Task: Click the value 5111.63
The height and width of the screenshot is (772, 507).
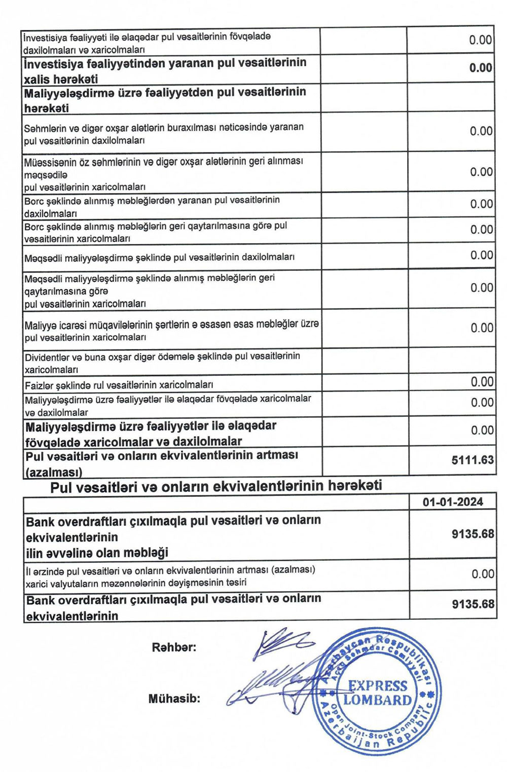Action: [472, 460]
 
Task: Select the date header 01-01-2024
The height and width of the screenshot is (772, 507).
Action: [453, 502]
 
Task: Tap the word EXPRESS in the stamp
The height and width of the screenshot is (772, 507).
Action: [378, 686]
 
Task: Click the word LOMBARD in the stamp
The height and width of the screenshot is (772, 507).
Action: [377, 701]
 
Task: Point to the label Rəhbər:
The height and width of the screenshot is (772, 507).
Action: [174, 647]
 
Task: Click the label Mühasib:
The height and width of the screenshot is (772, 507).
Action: [174, 699]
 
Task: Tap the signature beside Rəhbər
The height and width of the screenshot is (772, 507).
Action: [281, 642]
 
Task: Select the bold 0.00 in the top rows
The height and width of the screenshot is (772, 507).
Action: [480, 68]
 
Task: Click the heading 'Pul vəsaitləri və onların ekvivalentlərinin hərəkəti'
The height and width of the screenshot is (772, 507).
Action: [216, 486]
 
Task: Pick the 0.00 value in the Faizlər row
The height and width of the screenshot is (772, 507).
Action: [482, 381]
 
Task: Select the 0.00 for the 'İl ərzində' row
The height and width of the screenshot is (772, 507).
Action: [482, 574]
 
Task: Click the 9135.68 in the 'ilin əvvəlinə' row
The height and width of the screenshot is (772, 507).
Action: [473, 534]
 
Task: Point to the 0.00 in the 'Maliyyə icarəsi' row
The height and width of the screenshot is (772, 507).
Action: [482, 328]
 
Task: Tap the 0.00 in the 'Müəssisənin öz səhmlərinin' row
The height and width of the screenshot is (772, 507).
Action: [481, 172]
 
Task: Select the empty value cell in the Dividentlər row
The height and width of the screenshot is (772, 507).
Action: [451, 361]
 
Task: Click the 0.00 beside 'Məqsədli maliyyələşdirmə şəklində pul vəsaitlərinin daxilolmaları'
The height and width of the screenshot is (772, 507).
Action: [482, 255]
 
